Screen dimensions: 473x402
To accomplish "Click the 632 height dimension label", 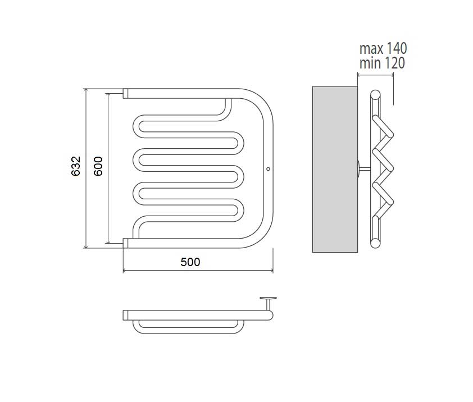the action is (x=76, y=166).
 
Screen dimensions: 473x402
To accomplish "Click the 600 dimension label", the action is (x=98, y=166).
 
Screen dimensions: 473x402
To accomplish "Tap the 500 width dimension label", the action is (x=190, y=262).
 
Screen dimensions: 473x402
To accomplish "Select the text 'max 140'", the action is (x=383, y=48).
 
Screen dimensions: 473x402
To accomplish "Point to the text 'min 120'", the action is (x=382, y=63).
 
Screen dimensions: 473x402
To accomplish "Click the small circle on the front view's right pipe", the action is (x=269, y=169).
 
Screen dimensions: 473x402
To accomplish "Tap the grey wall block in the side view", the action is (x=335, y=169).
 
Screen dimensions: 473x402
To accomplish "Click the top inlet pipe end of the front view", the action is (x=125, y=94).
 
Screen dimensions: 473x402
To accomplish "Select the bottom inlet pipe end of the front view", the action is (x=125, y=243).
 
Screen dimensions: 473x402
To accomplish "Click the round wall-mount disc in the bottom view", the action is (x=268, y=299).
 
